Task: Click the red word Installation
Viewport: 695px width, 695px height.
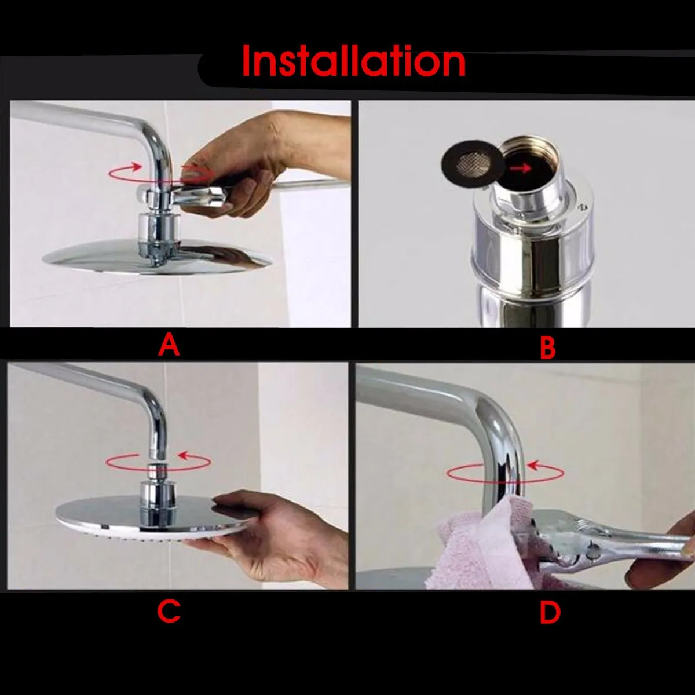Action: tap(354, 61)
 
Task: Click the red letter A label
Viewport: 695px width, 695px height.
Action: tap(169, 345)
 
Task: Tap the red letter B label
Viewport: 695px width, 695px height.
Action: tap(547, 347)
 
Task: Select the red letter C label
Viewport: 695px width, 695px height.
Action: tap(169, 612)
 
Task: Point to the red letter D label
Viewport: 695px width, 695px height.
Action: tap(550, 613)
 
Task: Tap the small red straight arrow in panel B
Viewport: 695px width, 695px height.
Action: tap(521, 168)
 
